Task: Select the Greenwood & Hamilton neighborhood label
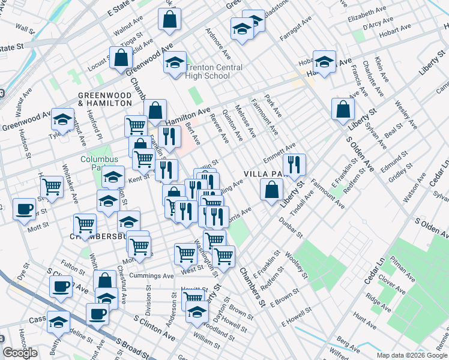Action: tap(104, 99)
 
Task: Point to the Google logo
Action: tap(20, 353)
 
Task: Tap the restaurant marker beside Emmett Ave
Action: tap(294, 164)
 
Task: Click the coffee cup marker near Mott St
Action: tap(23, 210)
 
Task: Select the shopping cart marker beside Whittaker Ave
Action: tap(52, 187)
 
